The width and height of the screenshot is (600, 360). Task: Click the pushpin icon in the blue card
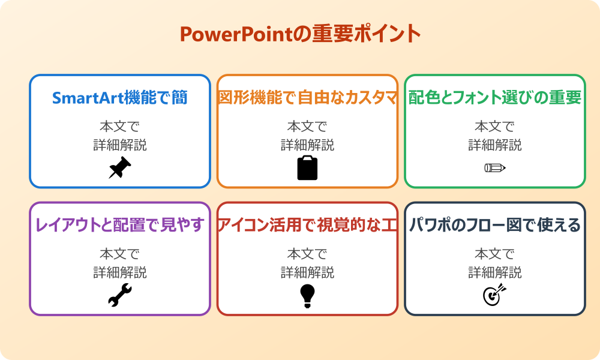tap(119, 168)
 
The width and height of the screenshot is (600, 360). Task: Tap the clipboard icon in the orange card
tap(307, 168)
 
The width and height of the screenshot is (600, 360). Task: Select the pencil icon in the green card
tap(495, 167)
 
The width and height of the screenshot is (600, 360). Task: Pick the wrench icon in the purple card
tap(119, 295)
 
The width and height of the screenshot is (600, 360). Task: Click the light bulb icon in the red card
tap(307, 295)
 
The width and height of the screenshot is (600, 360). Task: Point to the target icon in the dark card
tap(495, 295)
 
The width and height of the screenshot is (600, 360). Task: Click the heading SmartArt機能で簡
tap(120, 98)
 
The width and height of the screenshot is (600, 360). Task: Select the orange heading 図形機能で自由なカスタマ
tap(307, 98)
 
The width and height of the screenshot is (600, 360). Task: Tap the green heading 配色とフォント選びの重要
tap(495, 98)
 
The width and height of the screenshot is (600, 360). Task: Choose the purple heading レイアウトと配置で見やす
tap(120, 225)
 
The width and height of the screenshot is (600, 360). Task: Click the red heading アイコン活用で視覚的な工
tap(307, 225)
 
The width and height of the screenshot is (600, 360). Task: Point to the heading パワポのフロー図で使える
tap(495, 225)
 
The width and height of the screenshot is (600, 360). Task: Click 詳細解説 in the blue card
tap(120, 145)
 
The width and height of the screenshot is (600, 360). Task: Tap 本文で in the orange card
tap(307, 127)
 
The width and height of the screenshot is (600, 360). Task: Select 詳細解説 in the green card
tap(495, 145)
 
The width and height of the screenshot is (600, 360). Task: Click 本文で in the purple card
tap(120, 254)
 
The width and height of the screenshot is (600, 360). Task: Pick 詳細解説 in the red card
tap(307, 272)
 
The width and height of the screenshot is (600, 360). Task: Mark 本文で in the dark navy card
tap(495, 254)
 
